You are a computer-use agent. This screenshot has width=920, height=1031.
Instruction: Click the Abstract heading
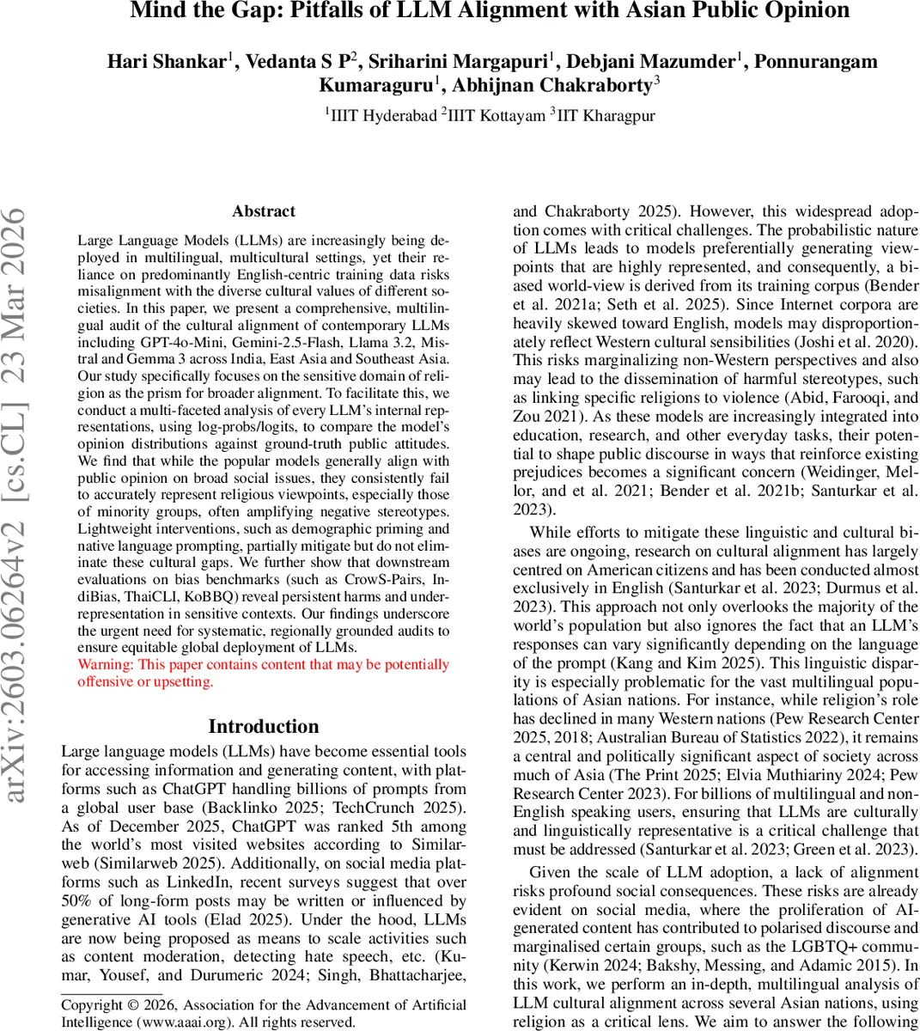(264, 211)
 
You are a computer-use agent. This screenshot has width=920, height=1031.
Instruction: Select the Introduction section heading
(264, 727)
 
